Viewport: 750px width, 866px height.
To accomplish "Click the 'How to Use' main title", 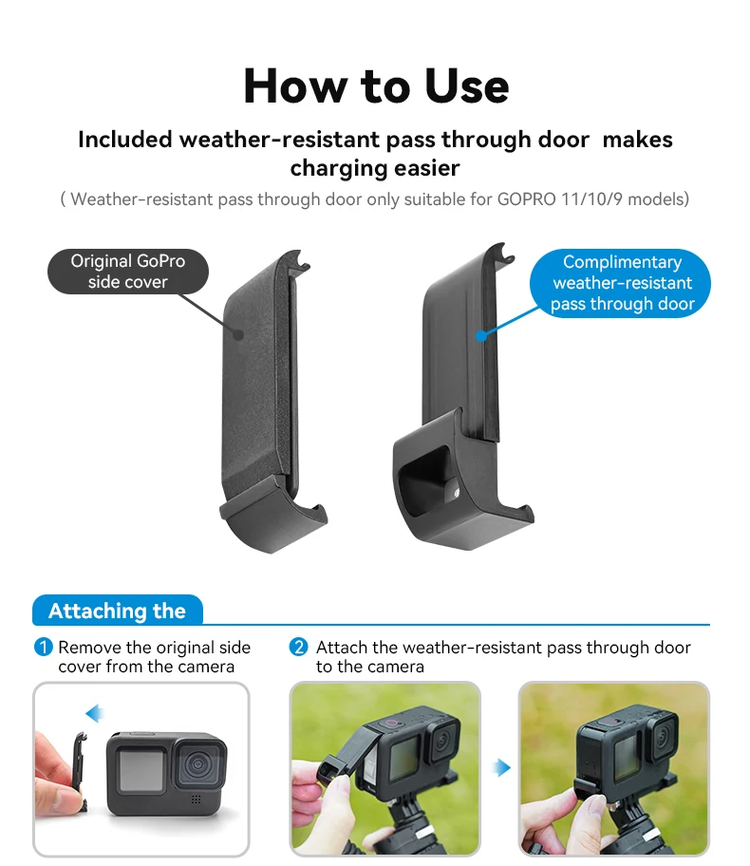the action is pos(376,86).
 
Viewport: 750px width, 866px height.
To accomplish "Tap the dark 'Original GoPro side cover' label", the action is pos(128,272).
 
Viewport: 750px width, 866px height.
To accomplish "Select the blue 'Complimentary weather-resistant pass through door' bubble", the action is pos(621,283).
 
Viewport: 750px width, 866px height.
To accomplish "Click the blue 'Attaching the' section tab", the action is pos(117,611).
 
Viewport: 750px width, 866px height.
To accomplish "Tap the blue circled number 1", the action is pos(43,647).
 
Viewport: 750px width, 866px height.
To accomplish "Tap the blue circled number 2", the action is pos(299,647).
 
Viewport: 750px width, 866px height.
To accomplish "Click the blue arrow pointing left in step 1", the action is pos(95,713).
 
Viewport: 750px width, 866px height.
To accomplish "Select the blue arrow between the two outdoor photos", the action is pos(501,767).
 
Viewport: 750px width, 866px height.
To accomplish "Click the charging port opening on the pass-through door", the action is pos(425,478).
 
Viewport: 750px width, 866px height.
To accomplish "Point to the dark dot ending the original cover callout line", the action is pos(238,334).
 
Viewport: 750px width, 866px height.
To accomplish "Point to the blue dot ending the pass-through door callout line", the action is pos(481,335).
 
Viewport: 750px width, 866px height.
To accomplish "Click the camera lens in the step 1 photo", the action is pos(197,765).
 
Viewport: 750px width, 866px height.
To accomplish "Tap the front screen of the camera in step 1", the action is pos(141,769).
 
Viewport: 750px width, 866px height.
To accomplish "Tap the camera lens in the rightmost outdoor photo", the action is pos(663,735).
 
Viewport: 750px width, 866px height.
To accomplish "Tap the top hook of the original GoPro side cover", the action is pos(298,259).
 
